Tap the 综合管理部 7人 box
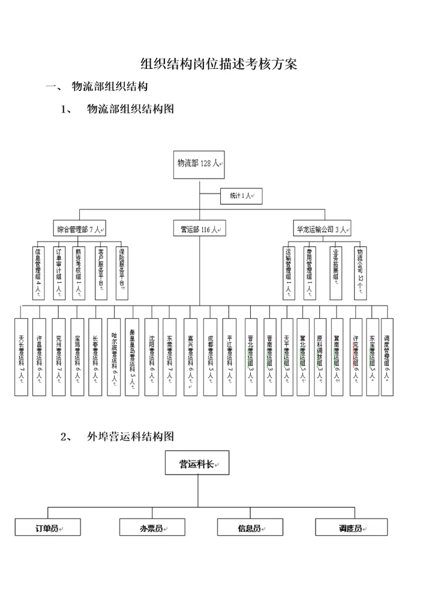[x=80, y=229]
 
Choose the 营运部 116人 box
[x=199, y=229]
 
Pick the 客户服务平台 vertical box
[x=101, y=272]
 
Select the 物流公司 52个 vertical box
[x=360, y=272]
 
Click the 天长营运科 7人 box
[x=22, y=357]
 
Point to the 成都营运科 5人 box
[x=209, y=357]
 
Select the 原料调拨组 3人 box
[x=320, y=357]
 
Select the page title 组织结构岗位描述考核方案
[x=218, y=64]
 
